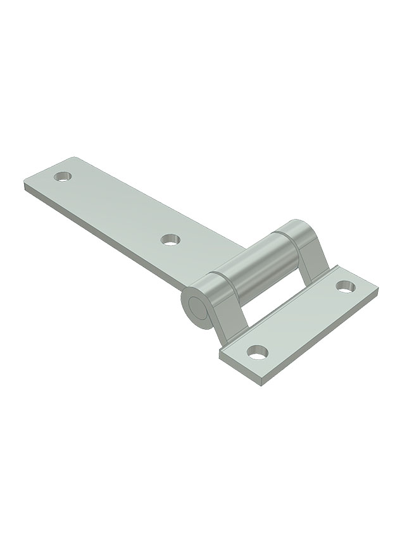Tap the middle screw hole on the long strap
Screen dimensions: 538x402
[x=170, y=239]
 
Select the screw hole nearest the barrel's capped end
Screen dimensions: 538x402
[x=345, y=286]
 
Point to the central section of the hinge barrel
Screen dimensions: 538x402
[x=256, y=266]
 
